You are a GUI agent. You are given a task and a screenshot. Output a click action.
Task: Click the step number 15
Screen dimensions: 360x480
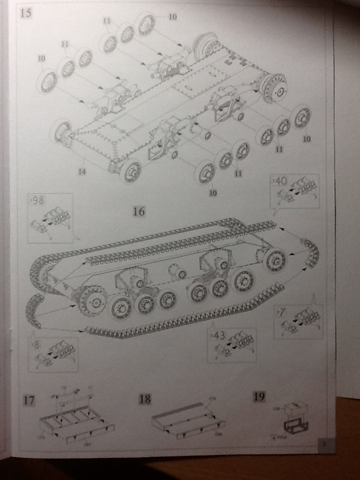[x=25, y=13]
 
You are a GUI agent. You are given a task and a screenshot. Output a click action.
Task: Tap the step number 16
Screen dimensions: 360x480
[x=138, y=211]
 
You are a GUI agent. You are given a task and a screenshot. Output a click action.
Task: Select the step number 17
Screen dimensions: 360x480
[x=29, y=400]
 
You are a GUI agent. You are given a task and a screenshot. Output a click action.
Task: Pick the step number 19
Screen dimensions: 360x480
[x=259, y=396]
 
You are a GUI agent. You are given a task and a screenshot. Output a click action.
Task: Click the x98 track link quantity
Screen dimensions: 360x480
[x=37, y=201]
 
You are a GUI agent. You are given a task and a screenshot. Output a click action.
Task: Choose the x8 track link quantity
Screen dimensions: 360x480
[x=36, y=345]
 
